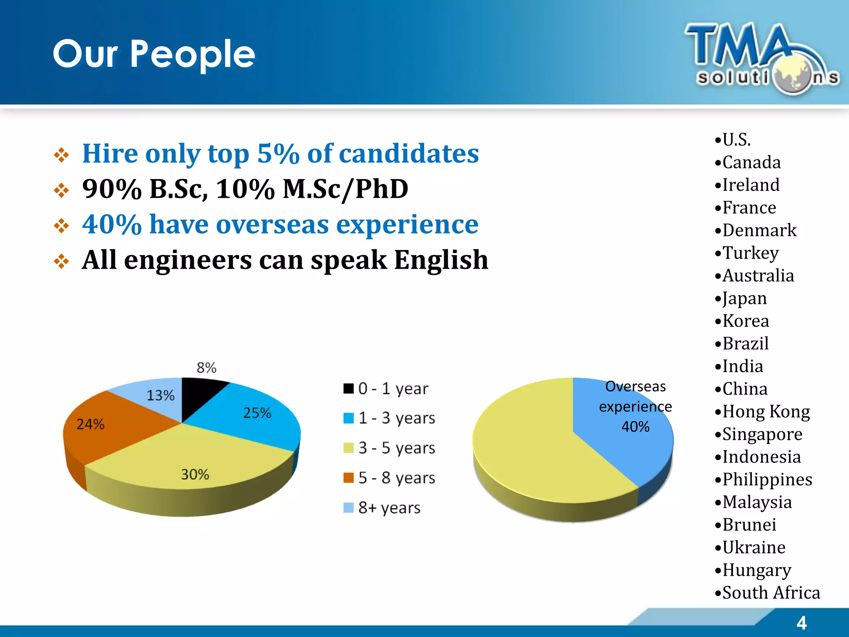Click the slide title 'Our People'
[154, 54]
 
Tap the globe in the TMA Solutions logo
[793, 76]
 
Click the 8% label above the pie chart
[206, 367]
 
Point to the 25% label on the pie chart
[257, 413]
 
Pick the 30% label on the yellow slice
[195, 474]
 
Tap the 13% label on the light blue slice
[160, 395]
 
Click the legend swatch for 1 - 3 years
[348, 418]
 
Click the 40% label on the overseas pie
[635, 427]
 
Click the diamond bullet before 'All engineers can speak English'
[61, 261]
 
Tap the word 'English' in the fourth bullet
[441, 260]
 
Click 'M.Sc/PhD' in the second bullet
[345, 189]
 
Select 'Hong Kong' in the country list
[766, 412]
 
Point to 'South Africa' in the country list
[771, 593]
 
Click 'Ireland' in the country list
[751, 185]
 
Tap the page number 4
[801, 623]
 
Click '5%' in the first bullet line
[278, 154]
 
